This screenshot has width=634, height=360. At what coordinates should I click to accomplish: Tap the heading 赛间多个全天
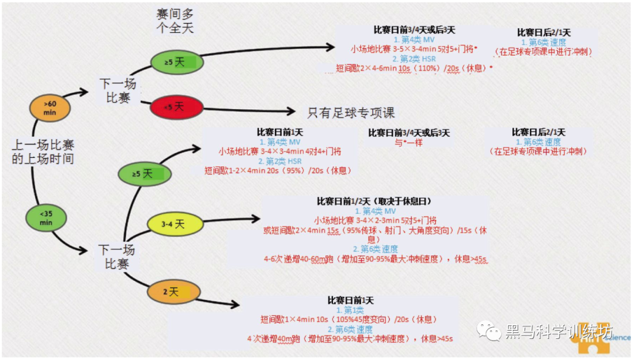point(174,20)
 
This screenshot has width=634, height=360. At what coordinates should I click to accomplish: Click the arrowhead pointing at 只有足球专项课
point(289,111)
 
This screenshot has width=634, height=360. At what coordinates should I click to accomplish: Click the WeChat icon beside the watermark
point(488,331)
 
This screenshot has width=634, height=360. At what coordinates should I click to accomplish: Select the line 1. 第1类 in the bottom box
point(349,310)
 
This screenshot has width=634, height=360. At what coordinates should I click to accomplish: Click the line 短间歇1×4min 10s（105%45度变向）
point(349,319)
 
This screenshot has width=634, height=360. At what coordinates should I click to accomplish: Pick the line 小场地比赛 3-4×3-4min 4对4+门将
point(279,152)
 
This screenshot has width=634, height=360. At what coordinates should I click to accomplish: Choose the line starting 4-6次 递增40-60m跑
point(376,259)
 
